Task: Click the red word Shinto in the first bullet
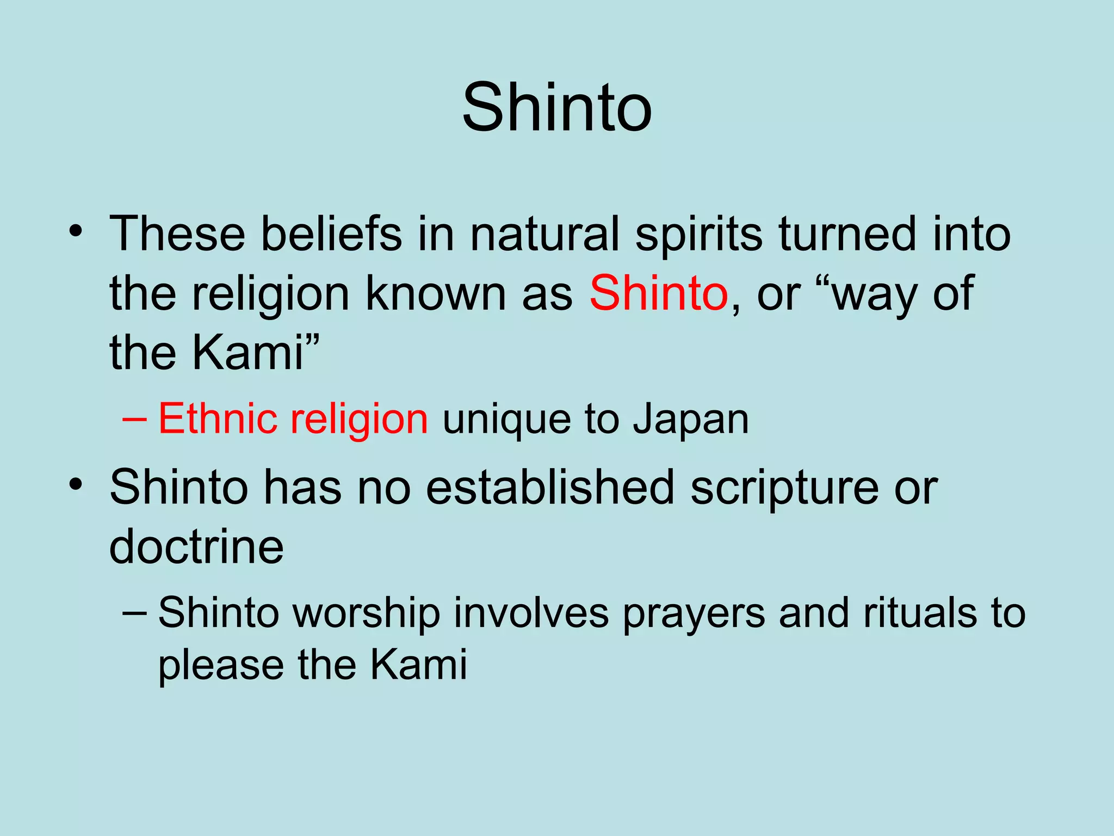pos(659,294)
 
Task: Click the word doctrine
pos(196,546)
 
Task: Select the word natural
pos(544,234)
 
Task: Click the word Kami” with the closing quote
pos(256,352)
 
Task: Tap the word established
pos(550,487)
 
